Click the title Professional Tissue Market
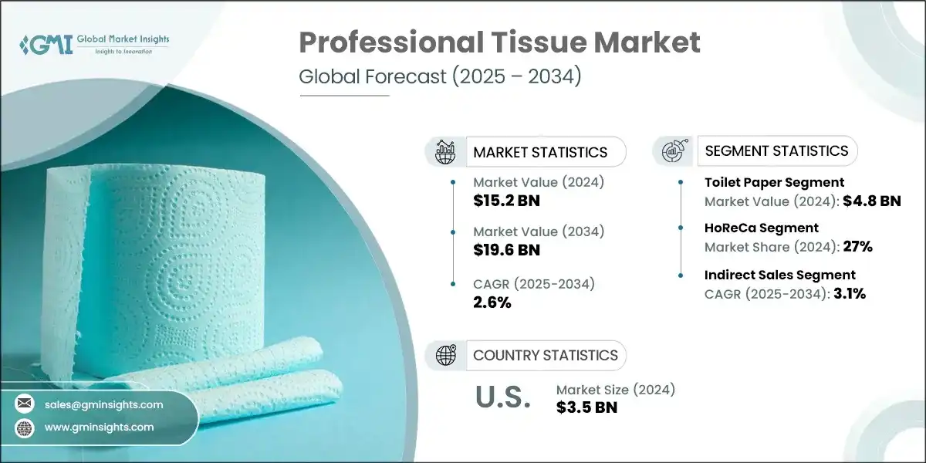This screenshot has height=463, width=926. (499, 43)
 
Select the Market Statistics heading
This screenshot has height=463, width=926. (540, 152)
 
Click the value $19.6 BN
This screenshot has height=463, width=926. (505, 250)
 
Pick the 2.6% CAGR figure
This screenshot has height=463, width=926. (492, 302)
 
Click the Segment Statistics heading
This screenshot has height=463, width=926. (777, 150)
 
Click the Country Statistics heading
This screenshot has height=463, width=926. (545, 356)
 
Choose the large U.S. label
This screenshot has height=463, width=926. (502, 397)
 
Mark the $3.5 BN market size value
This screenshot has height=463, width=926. (586, 407)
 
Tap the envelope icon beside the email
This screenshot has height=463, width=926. (25, 404)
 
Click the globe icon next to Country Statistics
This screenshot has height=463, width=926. (446, 356)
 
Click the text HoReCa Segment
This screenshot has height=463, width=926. (761, 228)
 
